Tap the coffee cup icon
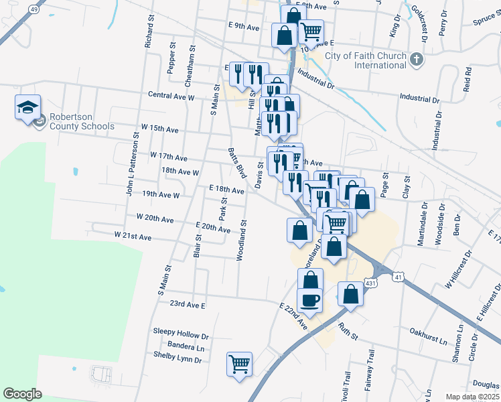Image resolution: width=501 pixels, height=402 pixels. click(309, 299)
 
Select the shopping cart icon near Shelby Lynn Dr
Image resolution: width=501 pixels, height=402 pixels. click(239, 364)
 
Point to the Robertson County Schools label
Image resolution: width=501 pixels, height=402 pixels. click(80, 121)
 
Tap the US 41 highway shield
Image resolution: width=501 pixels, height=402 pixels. click(399, 276)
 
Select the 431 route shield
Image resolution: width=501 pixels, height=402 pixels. click(370, 284)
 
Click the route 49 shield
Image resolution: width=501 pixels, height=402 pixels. click(35, 10)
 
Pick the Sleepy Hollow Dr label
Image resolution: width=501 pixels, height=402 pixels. click(181, 331)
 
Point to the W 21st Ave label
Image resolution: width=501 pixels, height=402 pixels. click(133, 236)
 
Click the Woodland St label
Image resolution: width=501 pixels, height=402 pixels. click(241, 240)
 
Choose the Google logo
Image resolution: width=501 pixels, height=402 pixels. click(23, 393)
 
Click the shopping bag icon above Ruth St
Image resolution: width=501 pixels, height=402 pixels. click(350, 293)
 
